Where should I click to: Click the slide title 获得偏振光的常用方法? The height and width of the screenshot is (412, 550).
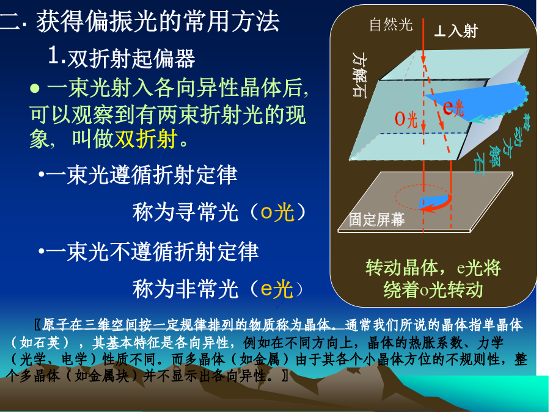158,22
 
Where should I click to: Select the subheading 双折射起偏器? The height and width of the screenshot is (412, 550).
131,58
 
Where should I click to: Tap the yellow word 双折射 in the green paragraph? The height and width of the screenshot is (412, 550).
146,139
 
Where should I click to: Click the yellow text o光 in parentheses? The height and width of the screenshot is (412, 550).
277,212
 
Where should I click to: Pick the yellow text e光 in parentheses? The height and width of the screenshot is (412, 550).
277,289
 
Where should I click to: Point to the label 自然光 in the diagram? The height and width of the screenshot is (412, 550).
391,24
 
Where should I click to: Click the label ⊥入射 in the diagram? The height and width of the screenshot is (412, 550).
456,31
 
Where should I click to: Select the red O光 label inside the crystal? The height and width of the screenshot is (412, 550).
406,119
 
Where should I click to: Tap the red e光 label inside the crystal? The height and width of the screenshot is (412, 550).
453,107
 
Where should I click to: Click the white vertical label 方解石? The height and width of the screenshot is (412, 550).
359,74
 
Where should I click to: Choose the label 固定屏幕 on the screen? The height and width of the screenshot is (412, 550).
376,220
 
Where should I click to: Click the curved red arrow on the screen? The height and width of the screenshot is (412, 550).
438,205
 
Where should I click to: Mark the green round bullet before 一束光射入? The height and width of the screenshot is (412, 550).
35,88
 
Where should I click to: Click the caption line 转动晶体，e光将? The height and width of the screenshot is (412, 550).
433,268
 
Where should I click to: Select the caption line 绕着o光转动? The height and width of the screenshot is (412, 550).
433,290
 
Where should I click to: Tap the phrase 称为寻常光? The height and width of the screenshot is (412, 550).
185,212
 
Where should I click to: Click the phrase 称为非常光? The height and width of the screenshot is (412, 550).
185,289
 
